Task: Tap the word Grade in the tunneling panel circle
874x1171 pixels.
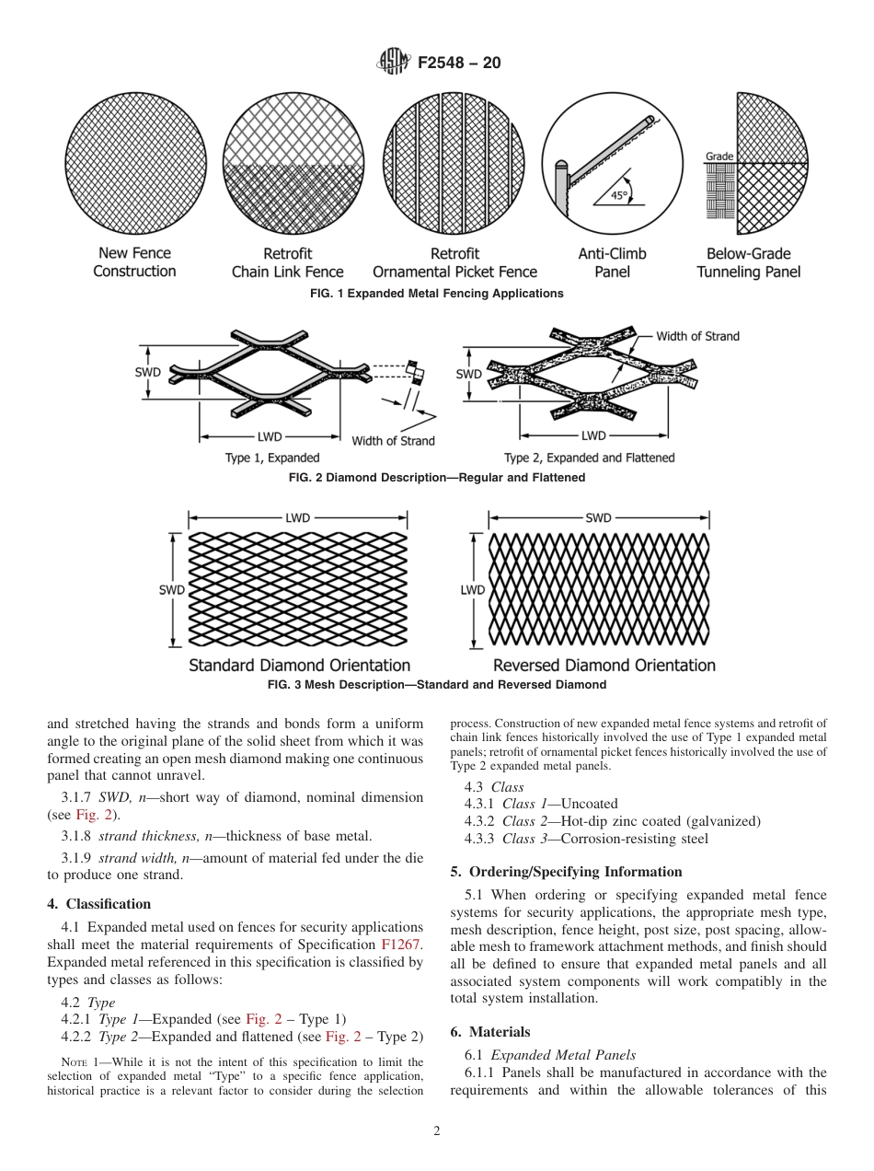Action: (719, 157)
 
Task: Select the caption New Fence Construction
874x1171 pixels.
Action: (134, 262)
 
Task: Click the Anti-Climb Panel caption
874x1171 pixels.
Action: (612, 262)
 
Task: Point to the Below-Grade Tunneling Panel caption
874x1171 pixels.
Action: (748, 262)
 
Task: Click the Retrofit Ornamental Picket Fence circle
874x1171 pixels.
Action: (452, 160)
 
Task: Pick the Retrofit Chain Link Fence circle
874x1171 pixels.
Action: (290, 160)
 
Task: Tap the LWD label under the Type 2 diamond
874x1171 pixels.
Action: (593, 435)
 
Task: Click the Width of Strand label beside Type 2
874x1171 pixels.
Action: (697, 336)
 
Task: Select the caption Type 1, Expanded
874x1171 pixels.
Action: (272, 458)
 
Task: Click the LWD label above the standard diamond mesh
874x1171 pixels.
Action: (297, 518)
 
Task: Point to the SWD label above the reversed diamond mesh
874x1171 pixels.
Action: (598, 518)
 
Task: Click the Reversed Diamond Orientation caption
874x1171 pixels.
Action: (604, 665)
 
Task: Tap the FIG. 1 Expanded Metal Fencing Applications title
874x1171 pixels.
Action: (437, 294)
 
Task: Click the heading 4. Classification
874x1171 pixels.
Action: (99, 904)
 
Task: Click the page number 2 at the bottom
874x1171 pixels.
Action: (437, 1131)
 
